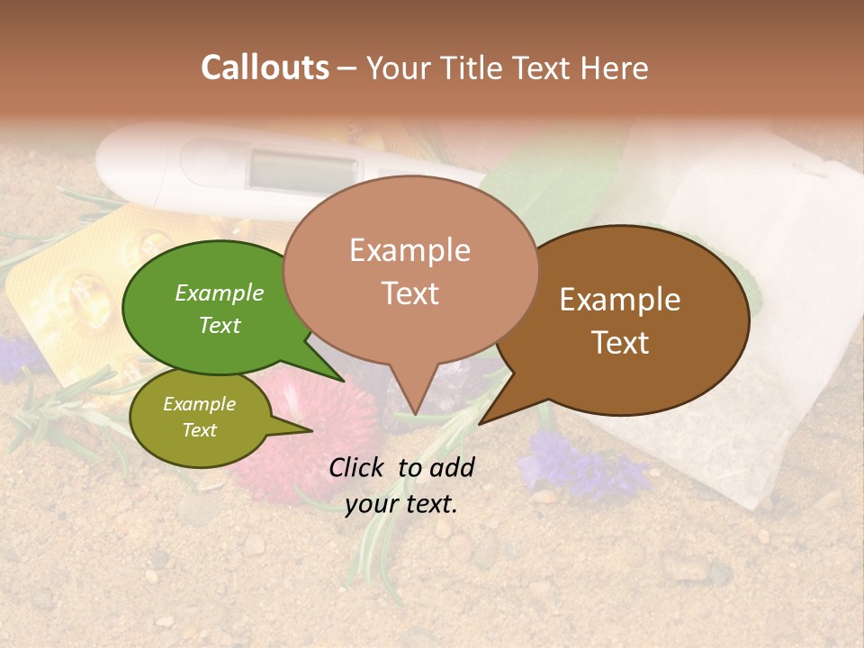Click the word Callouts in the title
click(x=265, y=67)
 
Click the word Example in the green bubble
click(x=220, y=292)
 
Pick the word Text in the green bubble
click(x=220, y=325)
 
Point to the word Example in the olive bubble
click(x=200, y=404)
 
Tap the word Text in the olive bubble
click(x=200, y=430)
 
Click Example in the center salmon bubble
click(x=410, y=250)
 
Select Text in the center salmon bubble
click(x=410, y=293)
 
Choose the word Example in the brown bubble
click(x=620, y=300)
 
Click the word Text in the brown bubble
click(x=621, y=343)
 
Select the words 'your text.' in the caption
click(x=401, y=504)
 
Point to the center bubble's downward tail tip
click(x=415, y=414)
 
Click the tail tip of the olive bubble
click(x=310, y=430)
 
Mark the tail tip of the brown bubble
click(x=481, y=423)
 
